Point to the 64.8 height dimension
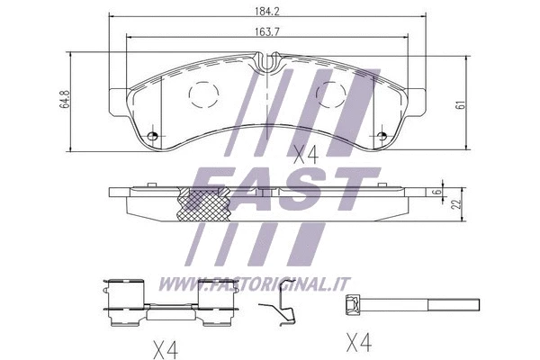click(64, 99)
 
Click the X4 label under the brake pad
click(306, 154)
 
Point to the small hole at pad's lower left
click(152, 137)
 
